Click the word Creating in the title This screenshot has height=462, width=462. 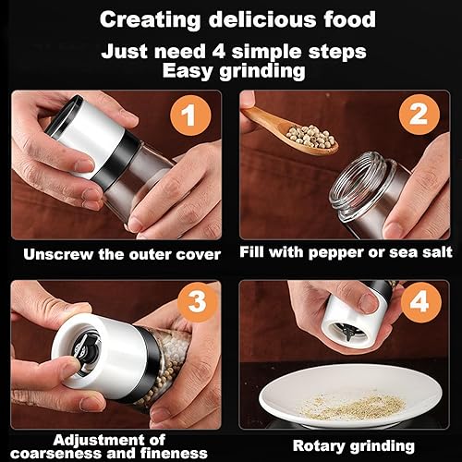[147, 18]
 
